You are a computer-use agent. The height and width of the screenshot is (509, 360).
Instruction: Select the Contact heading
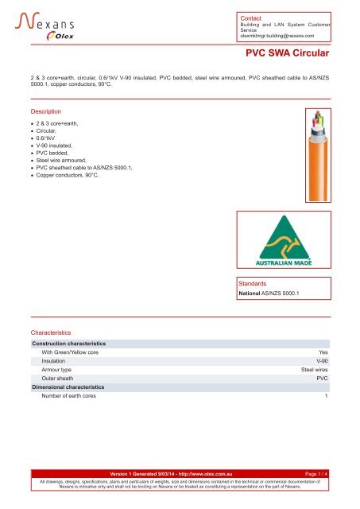252,17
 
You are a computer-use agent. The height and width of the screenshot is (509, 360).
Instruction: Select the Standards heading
256,282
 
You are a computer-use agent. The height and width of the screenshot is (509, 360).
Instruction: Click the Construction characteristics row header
68,343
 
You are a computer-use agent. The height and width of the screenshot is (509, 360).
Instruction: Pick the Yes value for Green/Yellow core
323,351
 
